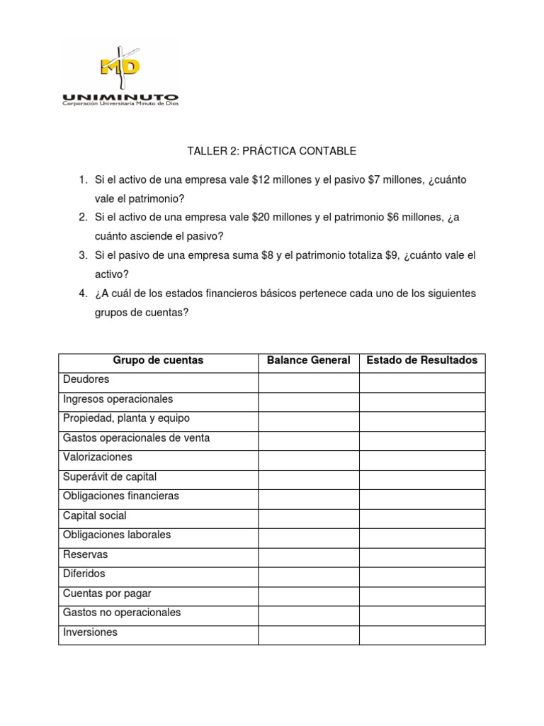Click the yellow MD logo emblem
click(x=120, y=65)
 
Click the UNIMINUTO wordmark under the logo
click(x=120, y=97)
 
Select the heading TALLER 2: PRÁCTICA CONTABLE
click(x=271, y=151)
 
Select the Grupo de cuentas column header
click(x=158, y=361)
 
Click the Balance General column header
click(x=308, y=361)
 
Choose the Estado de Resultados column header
click(x=421, y=361)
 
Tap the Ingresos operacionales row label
click(x=118, y=399)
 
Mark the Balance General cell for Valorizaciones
click(x=308, y=458)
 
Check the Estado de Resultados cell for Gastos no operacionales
click(x=421, y=613)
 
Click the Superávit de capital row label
click(x=110, y=476)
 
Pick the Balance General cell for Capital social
click(x=308, y=516)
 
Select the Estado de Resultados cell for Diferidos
click(x=421, y=574)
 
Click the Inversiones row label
click(x=90, y=632)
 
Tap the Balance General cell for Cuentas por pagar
click(x=308, y=593)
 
